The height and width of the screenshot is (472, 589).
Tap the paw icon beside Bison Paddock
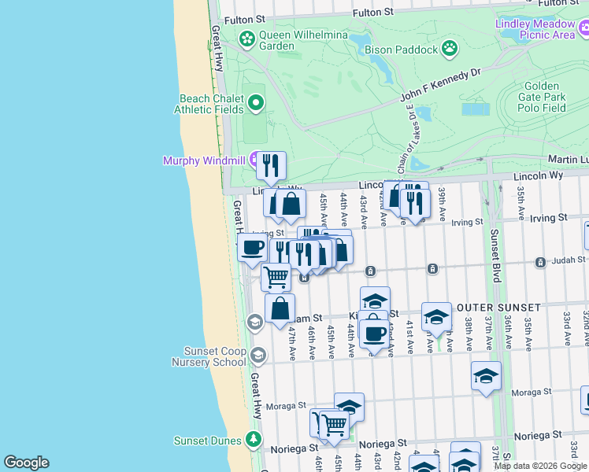450,50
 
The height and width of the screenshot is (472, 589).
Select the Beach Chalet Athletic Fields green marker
256,103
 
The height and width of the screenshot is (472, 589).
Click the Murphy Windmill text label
204,160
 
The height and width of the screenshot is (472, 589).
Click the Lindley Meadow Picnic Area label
535,29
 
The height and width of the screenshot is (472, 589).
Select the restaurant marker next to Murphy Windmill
271,164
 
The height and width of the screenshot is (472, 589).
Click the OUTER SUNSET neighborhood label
504,307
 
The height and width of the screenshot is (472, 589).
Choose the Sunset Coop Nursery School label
209,356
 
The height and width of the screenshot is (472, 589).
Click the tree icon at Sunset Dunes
253,438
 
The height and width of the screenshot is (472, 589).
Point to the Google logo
27,463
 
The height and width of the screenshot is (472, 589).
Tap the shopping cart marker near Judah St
276,276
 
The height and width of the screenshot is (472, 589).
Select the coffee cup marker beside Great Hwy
252,246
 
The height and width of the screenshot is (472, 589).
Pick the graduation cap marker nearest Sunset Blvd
486,375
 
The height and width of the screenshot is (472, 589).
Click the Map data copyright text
541,466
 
